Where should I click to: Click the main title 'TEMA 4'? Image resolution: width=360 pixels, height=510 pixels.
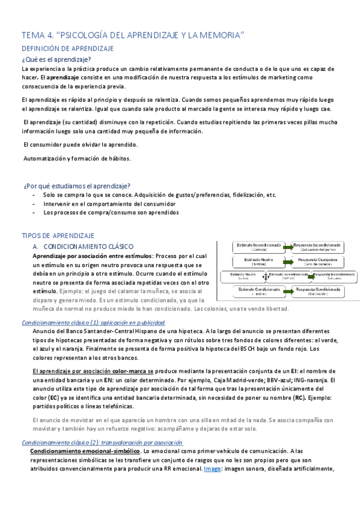click(133, 35)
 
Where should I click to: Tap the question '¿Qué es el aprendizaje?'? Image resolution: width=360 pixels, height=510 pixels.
click(56, 59)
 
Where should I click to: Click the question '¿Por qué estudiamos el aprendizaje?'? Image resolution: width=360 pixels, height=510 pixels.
click(76, 185)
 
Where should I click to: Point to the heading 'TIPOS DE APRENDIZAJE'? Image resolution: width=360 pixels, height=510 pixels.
click(59, 235)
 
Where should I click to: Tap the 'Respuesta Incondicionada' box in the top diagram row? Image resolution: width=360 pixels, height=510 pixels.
click(318, 247)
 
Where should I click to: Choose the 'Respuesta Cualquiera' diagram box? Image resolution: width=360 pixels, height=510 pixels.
click(319, 262)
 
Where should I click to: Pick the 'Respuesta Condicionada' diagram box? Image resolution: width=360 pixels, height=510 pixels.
click(318, 291)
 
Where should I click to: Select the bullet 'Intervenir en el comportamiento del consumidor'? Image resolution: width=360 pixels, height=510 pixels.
click(109, 203)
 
